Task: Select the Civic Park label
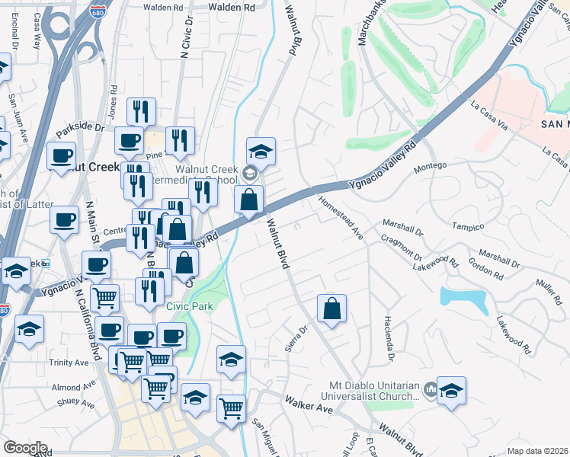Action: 190,306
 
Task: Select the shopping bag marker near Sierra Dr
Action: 331,309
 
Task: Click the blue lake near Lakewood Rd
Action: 464,299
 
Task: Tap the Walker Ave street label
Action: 309,404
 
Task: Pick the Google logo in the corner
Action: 25,448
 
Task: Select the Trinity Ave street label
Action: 69,363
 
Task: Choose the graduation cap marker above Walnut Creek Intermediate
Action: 261,152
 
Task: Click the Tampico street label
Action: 469,227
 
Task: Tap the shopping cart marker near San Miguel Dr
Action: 231,407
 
